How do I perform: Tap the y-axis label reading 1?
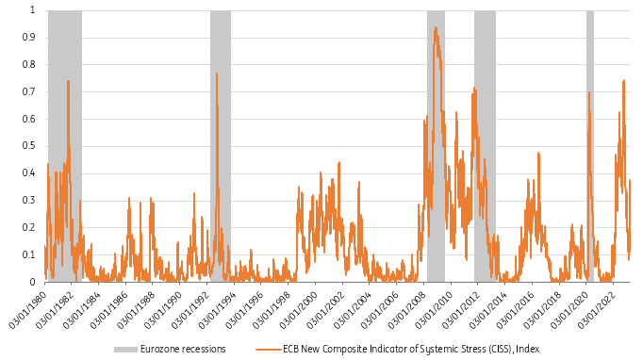(x=34, y=10)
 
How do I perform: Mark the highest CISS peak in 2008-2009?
(x=435, y=28)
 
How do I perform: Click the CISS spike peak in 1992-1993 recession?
(x=217, y=74)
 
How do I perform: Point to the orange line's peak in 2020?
(x=588, y=92)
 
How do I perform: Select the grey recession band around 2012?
(x=485, y=141)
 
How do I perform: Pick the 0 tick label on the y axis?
(x=34, y=282)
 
